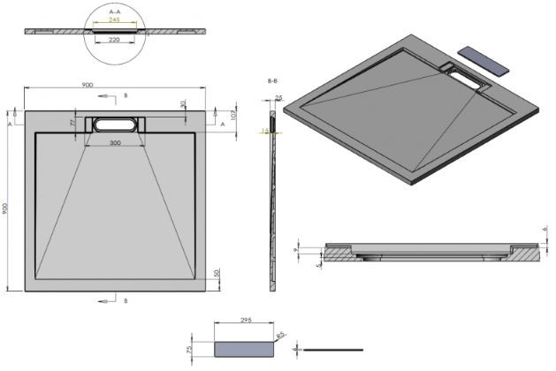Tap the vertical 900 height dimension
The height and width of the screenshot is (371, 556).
tap(6, 208)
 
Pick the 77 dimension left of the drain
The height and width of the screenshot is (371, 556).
tap(73, 124)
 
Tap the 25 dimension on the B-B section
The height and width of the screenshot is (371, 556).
tap(278, 98)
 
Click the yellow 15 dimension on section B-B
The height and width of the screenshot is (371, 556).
tap(263, 131)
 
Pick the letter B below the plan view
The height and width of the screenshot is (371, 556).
tap(126, 301)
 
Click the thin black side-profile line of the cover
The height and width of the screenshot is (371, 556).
tap(333, 349)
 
